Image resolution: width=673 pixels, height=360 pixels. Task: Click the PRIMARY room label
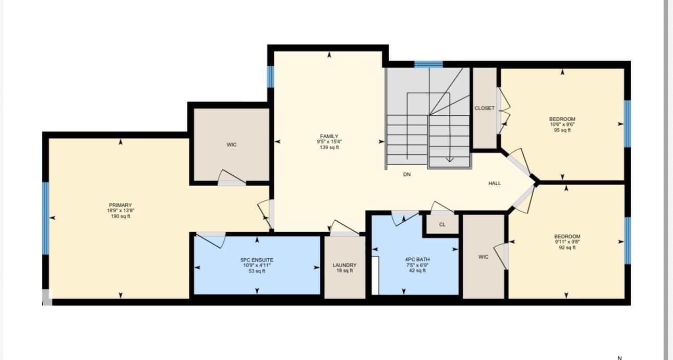121,205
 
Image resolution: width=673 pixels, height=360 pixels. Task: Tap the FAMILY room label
329,136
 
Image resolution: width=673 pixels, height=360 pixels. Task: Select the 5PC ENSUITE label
257,260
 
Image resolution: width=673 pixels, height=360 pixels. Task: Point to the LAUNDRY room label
344,265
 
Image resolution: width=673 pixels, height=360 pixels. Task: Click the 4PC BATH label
417,259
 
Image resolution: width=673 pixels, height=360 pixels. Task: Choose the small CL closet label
442,224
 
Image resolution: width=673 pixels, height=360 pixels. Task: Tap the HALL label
495,183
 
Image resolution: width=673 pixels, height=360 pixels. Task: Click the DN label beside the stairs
407,175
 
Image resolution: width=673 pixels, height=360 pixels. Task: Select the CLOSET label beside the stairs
484,108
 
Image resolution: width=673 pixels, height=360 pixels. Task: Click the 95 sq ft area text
562,130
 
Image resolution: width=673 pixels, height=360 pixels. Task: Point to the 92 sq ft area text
567,248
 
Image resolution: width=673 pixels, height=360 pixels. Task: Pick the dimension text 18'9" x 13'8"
121,211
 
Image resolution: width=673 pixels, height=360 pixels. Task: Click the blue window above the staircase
429,64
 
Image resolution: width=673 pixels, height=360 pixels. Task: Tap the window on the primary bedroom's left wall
45,219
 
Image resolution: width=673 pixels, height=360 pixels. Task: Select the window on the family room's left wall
271,77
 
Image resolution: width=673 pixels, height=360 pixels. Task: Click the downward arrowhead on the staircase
450,160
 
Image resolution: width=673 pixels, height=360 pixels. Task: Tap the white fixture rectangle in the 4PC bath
375,275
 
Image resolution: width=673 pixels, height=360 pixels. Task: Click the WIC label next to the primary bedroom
231,145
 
